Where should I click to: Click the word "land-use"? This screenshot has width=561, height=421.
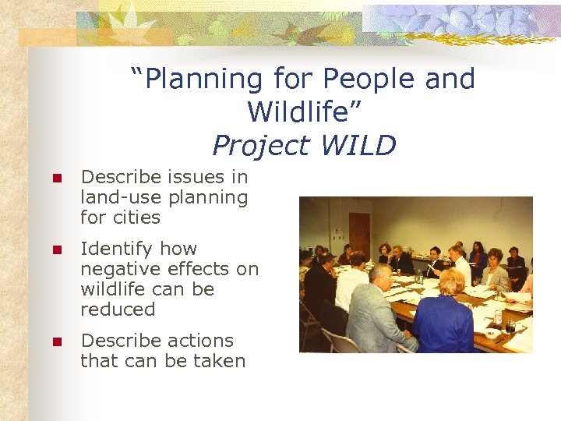[114, 198]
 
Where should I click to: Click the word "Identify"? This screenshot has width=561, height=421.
[117, 249]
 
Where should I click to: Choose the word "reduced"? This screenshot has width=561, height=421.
[118, 310]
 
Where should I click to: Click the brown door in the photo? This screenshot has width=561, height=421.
[360, 234]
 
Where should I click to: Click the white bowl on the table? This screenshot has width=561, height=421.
[491, 333]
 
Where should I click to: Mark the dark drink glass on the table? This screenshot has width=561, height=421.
[510, 326]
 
